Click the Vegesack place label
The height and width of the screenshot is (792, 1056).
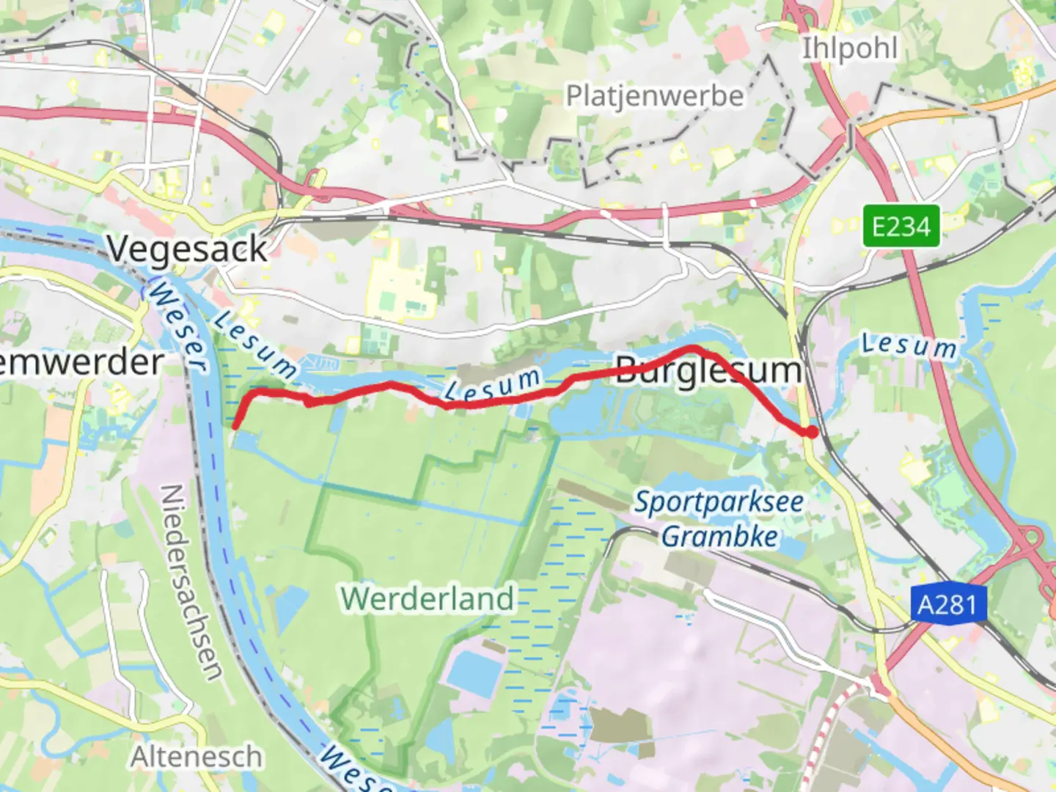point(188,249)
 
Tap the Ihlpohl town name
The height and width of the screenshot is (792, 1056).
point(849,49)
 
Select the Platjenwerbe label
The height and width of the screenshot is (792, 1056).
point(654,96)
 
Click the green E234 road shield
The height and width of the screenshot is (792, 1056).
point(901,226)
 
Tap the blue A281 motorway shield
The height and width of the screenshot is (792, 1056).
point(947,605)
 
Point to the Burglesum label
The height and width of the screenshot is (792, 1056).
point(708,370)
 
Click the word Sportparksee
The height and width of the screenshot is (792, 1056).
point(719,502)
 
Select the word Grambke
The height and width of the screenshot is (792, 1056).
point(719,537)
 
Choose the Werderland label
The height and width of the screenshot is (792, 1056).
point(428,598)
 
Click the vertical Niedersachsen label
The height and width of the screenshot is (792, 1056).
point(191,583)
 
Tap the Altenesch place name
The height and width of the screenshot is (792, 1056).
point(196,757)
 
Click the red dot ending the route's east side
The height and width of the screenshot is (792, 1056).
point(811,432)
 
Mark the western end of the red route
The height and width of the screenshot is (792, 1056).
point(235,425)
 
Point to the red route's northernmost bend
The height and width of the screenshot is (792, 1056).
point(693,348)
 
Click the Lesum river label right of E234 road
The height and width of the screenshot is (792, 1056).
point(909,345)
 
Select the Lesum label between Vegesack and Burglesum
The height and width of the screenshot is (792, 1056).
point(493,385)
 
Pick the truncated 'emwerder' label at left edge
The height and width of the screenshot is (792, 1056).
point(81,362)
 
